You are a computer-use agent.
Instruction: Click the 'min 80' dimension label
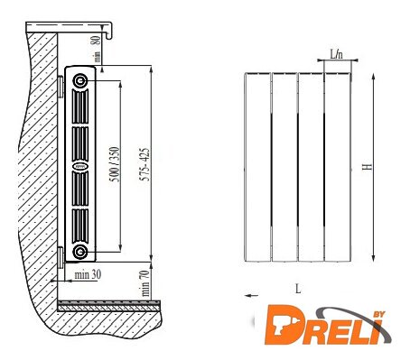96,49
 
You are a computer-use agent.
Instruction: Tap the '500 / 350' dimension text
115,164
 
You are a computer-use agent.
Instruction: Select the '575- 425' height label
145,164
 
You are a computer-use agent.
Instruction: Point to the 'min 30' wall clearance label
88,274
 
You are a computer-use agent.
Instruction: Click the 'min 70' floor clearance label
145,283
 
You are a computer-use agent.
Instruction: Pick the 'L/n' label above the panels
336,54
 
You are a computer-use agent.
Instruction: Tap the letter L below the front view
298,289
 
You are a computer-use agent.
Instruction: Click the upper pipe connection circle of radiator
80,80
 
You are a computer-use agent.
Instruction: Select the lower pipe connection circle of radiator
80,252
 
